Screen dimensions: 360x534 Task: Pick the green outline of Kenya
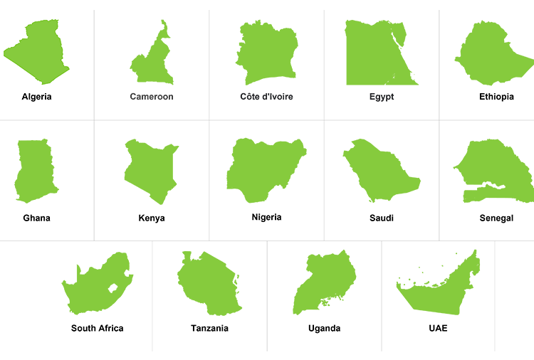point(152,171)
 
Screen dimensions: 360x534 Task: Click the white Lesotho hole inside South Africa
point(112,288)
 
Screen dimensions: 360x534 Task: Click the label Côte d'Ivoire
point(266,97)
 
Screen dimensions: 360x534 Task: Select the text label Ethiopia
point(496,97)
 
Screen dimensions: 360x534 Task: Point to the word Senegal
point(496,218)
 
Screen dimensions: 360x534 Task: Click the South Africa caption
point(97,329)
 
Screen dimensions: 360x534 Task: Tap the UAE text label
point(439,329)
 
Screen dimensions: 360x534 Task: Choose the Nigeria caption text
point(266,218)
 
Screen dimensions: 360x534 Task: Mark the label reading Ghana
point(36,218)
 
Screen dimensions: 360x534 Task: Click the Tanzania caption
point(209,329)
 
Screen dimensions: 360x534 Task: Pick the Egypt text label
point(382,97)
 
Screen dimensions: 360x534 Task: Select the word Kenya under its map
point(152,218)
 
